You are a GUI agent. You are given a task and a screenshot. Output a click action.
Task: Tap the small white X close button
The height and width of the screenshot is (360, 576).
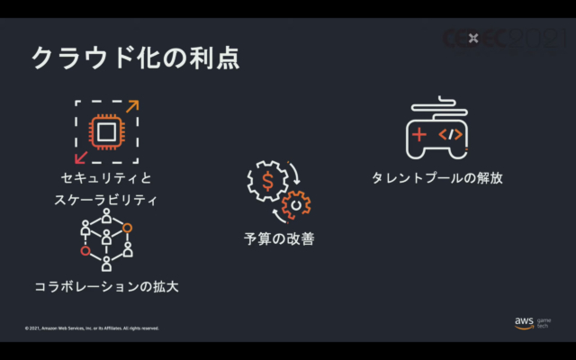tap(473, 38)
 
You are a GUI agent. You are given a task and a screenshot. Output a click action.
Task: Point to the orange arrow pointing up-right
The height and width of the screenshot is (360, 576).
tap(132, 106)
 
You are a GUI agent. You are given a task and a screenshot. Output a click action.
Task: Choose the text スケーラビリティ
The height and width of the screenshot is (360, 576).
tap(105, 200)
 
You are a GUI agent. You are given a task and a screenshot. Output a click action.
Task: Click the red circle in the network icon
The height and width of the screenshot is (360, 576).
tap(85, 251)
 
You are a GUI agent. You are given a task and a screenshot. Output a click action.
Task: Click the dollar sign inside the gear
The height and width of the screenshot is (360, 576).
tap(267, 181)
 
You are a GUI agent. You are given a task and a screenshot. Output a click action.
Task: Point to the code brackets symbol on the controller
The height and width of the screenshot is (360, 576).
tap(450, 134)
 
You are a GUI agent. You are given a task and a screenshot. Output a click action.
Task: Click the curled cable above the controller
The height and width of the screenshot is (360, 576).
tap(439, 105)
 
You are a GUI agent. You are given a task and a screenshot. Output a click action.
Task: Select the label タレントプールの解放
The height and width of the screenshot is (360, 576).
tap(436, 177)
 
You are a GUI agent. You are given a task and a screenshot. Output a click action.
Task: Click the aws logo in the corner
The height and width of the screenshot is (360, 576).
tap(524, 322)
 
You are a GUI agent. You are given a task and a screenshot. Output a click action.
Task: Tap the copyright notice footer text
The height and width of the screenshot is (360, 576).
tap(92, 328)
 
